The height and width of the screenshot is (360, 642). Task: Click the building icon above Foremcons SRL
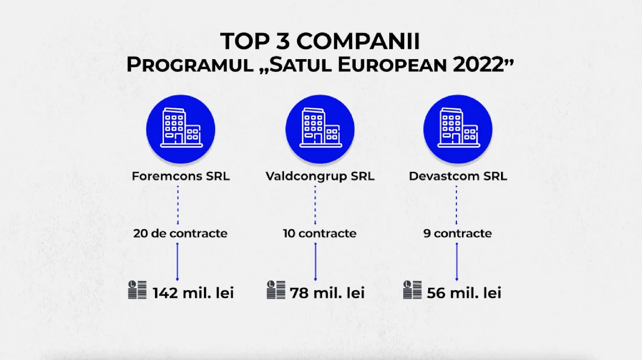point(181,129)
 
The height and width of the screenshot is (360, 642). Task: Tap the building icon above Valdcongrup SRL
point(320,129)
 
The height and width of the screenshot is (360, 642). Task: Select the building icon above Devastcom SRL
point(458,129)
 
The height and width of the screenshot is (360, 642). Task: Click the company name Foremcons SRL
point(181,176)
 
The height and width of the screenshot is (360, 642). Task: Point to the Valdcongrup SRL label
point(320,176)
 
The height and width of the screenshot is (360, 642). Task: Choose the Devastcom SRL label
point(458,176)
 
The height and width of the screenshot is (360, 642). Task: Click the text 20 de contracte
point(180,233)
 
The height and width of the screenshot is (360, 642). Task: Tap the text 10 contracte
point(320,233)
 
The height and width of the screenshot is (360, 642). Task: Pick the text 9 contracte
point(458,233)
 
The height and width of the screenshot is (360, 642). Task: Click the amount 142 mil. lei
point(194,293)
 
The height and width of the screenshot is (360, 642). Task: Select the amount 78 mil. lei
point(328,293)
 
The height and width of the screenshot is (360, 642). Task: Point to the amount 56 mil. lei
point(464,293)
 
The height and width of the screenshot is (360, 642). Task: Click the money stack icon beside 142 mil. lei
point(137,290)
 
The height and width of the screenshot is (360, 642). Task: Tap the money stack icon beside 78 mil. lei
point(276,290)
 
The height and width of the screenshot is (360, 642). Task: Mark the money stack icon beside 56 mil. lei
point(412,290)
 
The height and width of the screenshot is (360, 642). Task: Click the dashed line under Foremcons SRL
point(178,205)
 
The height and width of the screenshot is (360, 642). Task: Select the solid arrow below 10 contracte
point(315,262)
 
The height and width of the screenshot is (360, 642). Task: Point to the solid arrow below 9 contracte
point(456,262)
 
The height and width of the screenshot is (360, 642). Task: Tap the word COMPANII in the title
point(358,42)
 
